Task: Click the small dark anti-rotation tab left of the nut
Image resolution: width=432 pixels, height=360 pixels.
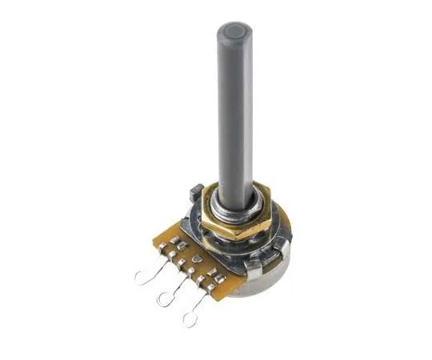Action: pos(193,192)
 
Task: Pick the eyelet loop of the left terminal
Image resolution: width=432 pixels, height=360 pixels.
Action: pos(142,278)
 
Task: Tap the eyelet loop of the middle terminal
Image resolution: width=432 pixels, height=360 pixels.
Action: pos(165,300)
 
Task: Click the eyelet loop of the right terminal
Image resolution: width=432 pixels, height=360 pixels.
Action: pos(190,320)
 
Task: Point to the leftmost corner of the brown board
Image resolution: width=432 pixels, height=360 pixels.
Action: pos(154,237)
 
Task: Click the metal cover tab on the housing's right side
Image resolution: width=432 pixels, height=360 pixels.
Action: pos(281,252)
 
